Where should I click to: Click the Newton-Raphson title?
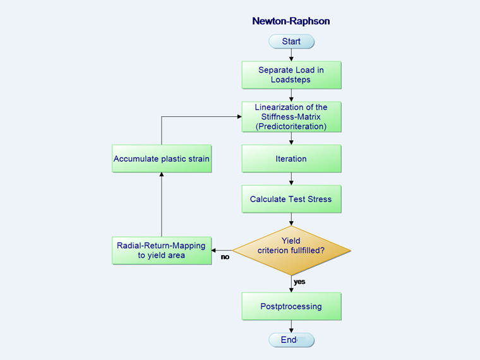tap(291, 21)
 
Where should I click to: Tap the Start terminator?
tap(291, 42)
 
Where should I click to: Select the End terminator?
tap(291, 340)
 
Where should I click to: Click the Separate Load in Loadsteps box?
tap(291, 75)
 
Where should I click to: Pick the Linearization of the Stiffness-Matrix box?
tap(291, 116)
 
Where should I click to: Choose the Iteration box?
tap(291, 159)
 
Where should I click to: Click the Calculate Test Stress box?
tap(291, 199)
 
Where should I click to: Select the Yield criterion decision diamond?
tap(291, 250)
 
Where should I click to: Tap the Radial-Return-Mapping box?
tap(162, 250)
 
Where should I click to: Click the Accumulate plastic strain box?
tap(162, 159)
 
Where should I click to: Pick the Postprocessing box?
tap(291, 306)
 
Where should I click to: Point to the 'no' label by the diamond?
tap(225, 257)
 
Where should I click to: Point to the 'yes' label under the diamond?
tap(299, 282)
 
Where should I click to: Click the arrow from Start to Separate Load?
tap(291, 55)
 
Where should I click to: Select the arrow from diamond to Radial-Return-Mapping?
tap(222, 250)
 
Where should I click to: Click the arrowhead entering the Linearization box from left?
tap(238, 117)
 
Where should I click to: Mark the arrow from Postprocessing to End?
tap(291, 327)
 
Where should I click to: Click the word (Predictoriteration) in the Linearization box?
tap(291, 126)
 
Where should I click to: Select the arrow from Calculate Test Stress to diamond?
tap(291, 220)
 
